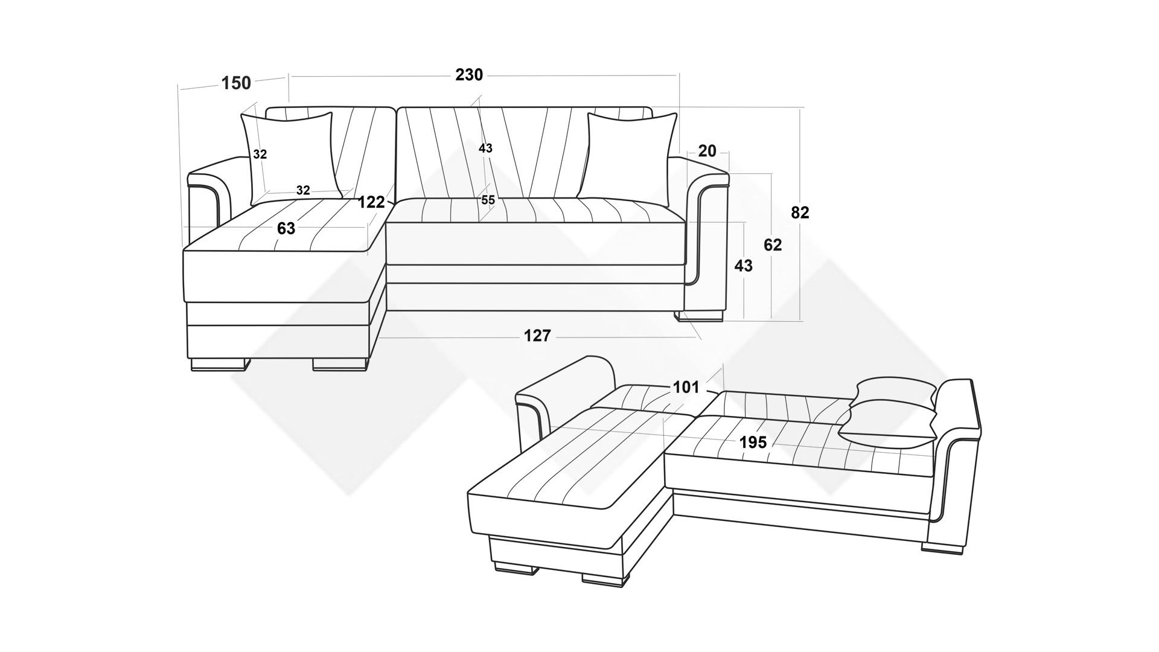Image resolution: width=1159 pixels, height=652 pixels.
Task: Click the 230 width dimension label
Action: pyautogui.click(x=469, y=75)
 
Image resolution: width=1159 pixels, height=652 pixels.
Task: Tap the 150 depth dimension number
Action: pyautogui.click(x=236, y=83)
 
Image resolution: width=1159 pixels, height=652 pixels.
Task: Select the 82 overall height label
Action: pyautogui.click(x=800, y=213)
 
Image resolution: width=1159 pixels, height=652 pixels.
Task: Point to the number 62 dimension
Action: pyautogui.click(x=773, y=245)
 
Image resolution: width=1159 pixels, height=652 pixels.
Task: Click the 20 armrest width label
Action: pyautogui.click(x=707, y=151)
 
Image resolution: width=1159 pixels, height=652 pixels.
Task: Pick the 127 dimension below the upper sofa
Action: pyautogui.click(x=537, y=336)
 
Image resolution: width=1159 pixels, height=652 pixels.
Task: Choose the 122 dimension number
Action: pyautogui.click(x=371, y=202)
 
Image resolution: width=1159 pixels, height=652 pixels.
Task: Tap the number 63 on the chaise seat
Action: pyautogui.click(x=286, y=229)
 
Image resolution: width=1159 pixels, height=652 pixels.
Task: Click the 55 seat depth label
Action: pyautogui.click(x=488, y=200)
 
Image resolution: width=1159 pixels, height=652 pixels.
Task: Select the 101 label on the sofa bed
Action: pyautogui.click(x=686, y=387)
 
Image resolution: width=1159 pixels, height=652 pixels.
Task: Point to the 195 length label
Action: pyautogui.click(x=753, y=443)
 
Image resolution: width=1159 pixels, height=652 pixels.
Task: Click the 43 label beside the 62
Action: pyautogui.click(x=743, y=266)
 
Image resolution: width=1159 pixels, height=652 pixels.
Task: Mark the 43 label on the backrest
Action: pyautogui.click(x=485, y=148)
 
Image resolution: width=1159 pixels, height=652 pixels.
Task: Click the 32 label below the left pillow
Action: pyautogui.click(x=303, y=191)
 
